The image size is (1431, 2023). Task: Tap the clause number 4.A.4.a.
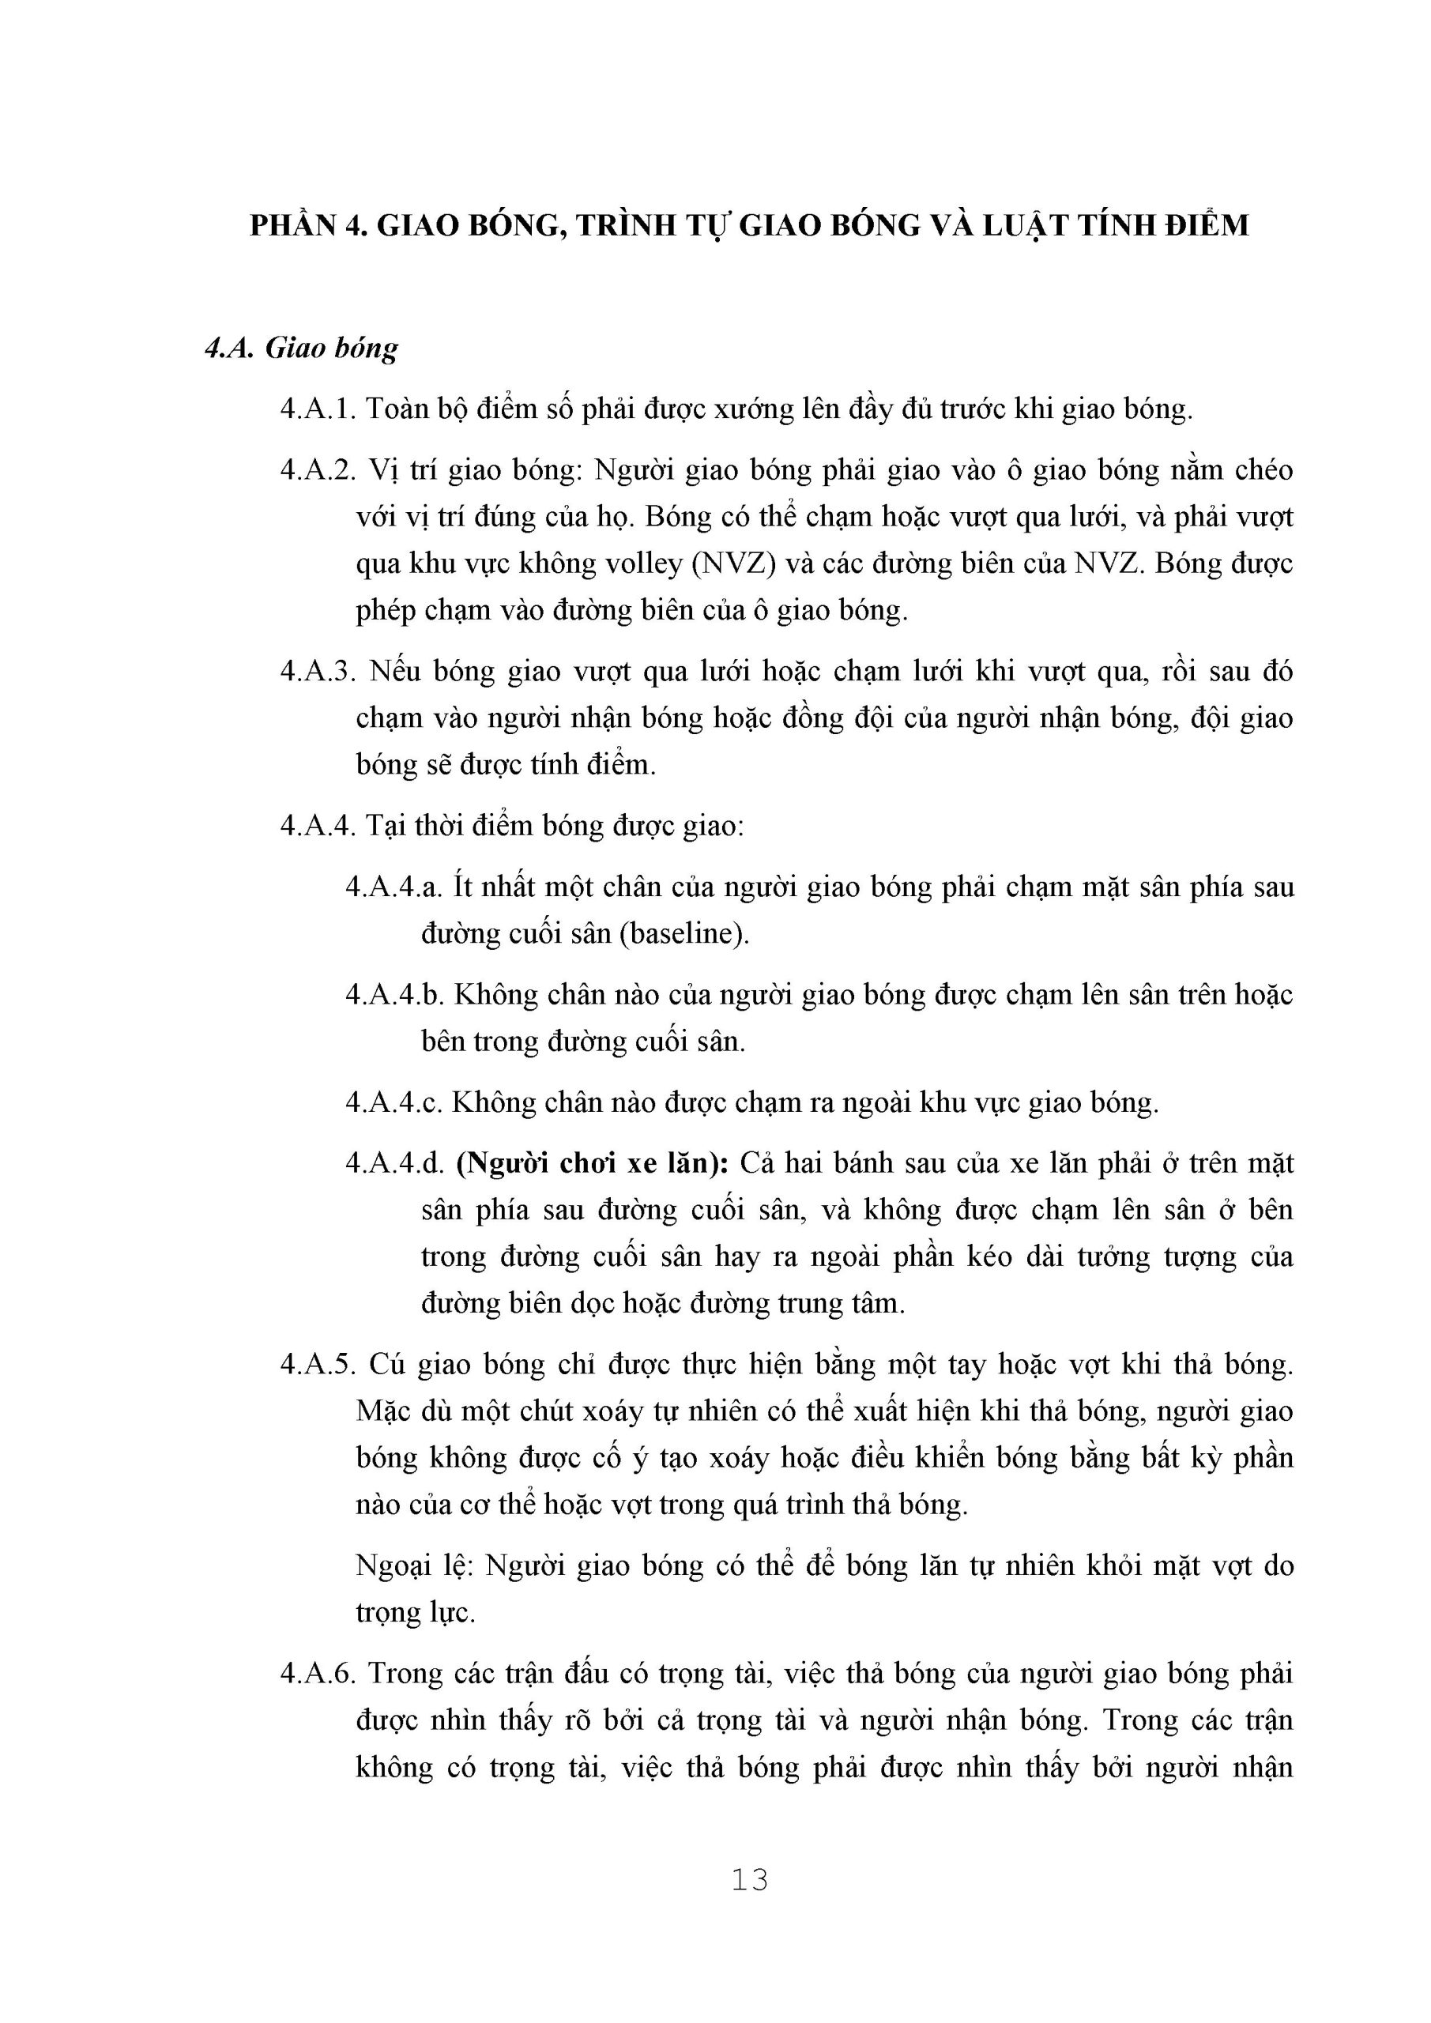[x=392, y=887]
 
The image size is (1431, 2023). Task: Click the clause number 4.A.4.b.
[x=393, y=995]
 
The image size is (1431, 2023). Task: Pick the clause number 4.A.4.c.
[x=392, y=1102]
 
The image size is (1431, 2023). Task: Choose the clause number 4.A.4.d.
[x=393, y=1163]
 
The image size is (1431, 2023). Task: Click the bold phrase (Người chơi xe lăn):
[x=592, y=1163]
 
